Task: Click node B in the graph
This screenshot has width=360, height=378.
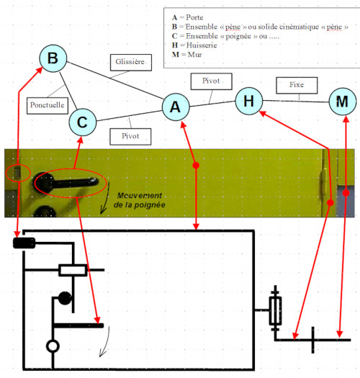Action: [53, 58]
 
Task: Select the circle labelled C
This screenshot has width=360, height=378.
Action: [83, 122]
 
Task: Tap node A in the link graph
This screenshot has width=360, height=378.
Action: [176, 107]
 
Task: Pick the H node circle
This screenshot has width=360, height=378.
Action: [249, 101]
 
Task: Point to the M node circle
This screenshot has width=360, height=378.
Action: [343, 102]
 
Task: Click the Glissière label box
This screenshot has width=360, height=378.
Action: [131, 63]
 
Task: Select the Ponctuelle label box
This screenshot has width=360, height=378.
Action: [48, 106]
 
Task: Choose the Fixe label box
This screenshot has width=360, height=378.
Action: [297, 86]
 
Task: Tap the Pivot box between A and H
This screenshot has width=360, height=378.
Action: [212, 81]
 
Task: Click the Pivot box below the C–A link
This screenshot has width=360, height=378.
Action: [130, 137]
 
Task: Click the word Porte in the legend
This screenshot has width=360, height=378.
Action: [194, 17]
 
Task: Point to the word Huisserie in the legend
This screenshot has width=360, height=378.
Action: [202, 45]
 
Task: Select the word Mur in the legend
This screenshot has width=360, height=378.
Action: [195, 55]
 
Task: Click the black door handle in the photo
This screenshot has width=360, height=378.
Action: [66, 183]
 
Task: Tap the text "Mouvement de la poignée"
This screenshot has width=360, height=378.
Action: [140, 200]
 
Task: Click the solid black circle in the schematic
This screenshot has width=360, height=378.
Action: [65, 298]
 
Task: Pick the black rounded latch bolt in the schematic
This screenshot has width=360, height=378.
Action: [24, 243]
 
